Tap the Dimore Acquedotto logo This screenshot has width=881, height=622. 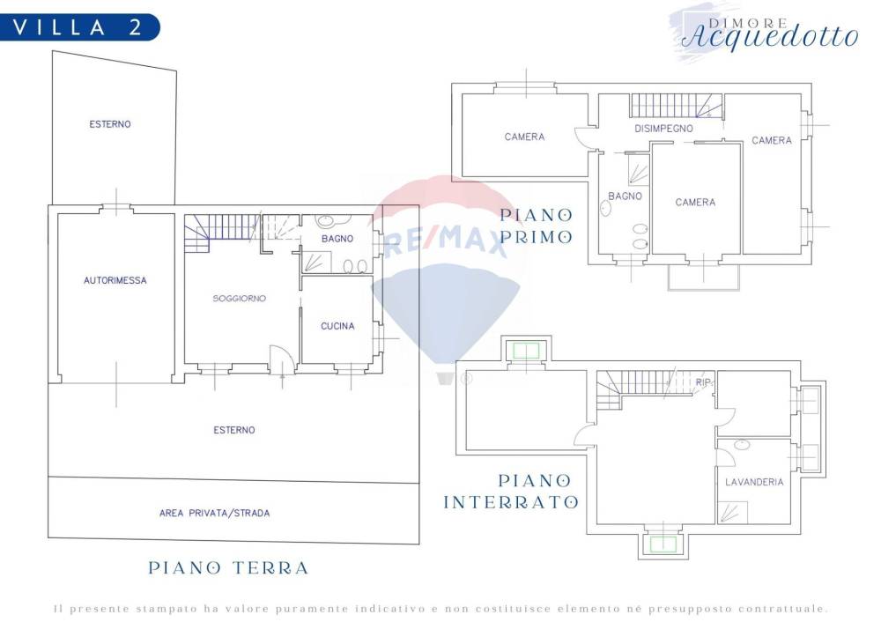(x=769, y=33)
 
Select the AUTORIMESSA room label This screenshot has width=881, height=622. (x=115, y=280)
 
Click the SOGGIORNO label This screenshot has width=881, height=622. (x=240, y=299)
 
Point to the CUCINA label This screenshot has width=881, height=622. (x=337, y=326)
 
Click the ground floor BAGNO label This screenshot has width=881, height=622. (x=337, y=239)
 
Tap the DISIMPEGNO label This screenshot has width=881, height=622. (x=663, y=129)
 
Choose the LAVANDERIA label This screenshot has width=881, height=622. (x=754, y=482)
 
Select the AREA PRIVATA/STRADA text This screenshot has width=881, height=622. (x=215, y=513)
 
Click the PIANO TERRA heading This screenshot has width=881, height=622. (x=229, y=568)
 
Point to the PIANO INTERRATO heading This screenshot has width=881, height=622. (x=511, y=492)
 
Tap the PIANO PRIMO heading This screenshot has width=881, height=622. (x=537, y=226)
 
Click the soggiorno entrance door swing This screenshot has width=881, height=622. (x=282, y=359)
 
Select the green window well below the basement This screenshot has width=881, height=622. (x=663, y=544)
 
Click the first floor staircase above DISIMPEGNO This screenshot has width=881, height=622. (x=677, y=106)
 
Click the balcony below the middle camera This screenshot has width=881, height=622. (x=703, y=278)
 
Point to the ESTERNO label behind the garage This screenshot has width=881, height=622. (x=110, y=124)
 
